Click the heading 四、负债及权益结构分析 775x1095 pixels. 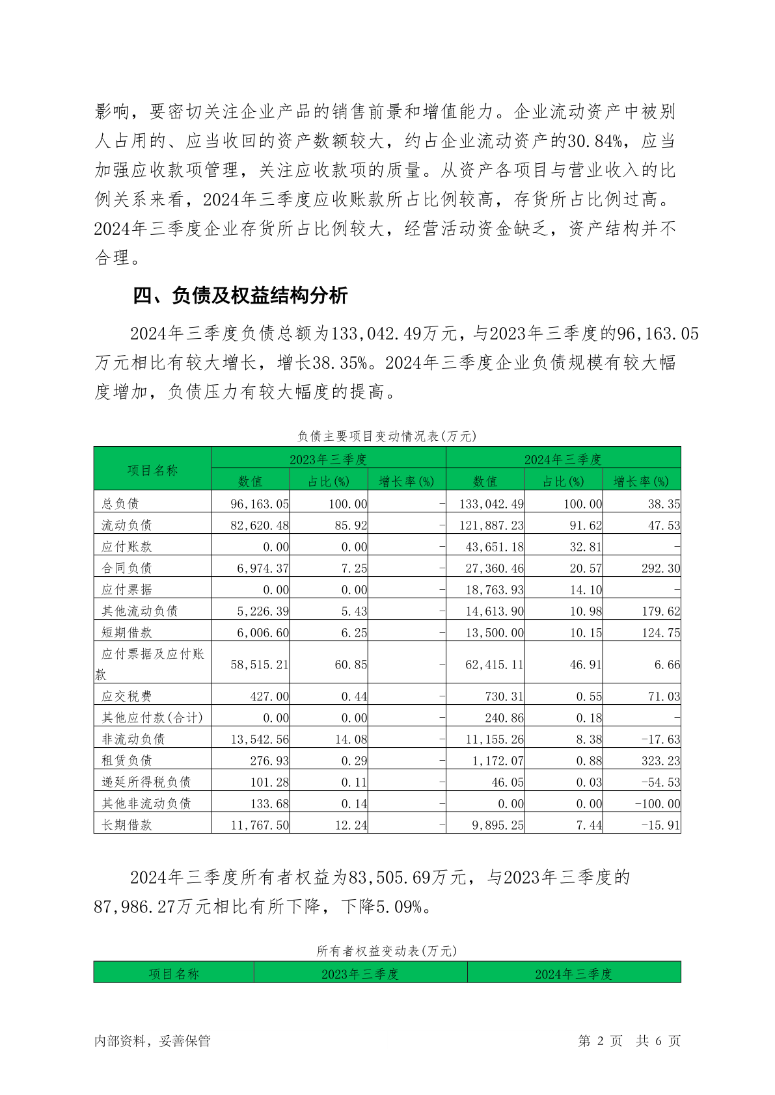(240, 296)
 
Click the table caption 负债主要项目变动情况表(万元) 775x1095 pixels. (387, 436)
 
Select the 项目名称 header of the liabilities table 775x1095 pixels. (152, 469)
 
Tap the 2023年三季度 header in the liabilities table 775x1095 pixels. (328, 459)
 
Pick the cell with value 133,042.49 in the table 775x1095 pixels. (491, 504)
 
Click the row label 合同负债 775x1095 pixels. (127, 568)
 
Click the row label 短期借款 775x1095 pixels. (127, 632)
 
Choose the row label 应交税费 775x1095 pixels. (127, 696)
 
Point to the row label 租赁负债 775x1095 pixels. (127, 761)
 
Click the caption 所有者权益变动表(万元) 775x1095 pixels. (387, 951)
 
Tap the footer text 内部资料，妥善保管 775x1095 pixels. (152, 1040)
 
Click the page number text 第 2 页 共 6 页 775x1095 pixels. (629, 1040)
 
